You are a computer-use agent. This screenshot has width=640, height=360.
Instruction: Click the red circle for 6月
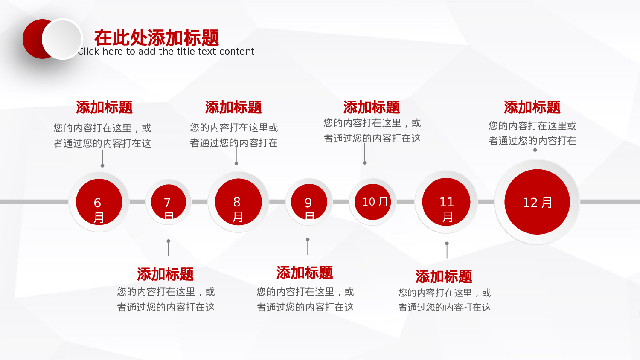point(99,202)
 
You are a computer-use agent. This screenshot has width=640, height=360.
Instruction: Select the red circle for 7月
point(169,202)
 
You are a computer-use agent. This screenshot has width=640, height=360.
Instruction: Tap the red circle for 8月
point(238,202)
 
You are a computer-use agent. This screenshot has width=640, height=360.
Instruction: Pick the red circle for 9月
point(309,202)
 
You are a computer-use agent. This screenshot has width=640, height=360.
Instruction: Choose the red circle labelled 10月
point(373,202)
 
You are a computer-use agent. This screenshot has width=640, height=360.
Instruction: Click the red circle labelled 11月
point(446,202)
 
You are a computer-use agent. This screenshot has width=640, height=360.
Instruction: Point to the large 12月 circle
point(537,202)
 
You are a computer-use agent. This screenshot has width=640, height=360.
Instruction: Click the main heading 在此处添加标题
point(157,38)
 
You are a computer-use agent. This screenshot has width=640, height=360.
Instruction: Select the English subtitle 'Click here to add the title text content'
point(166,52)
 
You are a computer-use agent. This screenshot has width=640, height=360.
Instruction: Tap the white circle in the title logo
point(62,39)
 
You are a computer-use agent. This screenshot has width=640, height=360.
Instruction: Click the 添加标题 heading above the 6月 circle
point(105,107)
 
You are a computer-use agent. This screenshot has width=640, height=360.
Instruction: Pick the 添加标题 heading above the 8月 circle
point(233,107)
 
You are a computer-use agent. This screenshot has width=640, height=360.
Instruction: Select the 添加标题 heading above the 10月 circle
point(372,107)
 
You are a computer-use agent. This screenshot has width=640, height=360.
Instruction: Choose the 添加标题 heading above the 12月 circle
point(532,107)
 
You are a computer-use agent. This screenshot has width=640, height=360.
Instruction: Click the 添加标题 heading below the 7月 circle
point(166,274)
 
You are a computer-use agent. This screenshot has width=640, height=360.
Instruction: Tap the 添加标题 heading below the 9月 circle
point(305,273)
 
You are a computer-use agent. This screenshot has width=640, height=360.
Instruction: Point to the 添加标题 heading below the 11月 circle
point(444,277)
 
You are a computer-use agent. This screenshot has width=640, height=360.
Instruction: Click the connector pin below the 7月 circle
point(169,248)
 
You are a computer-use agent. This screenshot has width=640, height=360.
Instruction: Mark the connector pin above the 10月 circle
point(364,154)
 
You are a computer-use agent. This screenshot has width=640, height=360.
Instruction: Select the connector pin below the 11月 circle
point(447,250)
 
